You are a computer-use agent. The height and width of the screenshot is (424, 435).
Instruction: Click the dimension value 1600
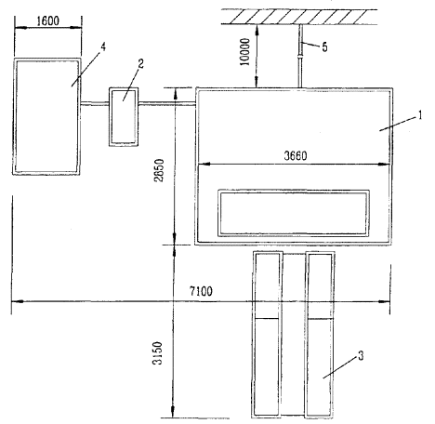[x=48, y=21]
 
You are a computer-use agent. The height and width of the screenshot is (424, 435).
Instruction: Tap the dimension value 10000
[x=244, y=52]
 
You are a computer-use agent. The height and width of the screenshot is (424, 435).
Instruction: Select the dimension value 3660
[x=296, y=155]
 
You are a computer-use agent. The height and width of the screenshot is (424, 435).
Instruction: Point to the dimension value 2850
[x=159, y=170]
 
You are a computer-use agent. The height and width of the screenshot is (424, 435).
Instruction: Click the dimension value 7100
[x=201, y=291]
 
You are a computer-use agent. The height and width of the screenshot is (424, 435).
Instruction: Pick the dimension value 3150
[x=158, y=353]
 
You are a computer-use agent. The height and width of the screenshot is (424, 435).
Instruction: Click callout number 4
[x=103, y=46]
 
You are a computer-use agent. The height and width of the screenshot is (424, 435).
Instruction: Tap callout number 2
[x=141, y=64]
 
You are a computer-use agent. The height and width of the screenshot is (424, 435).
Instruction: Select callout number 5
[x=324, y=47]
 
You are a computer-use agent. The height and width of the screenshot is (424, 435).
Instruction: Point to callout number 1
[x=420, y=115]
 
